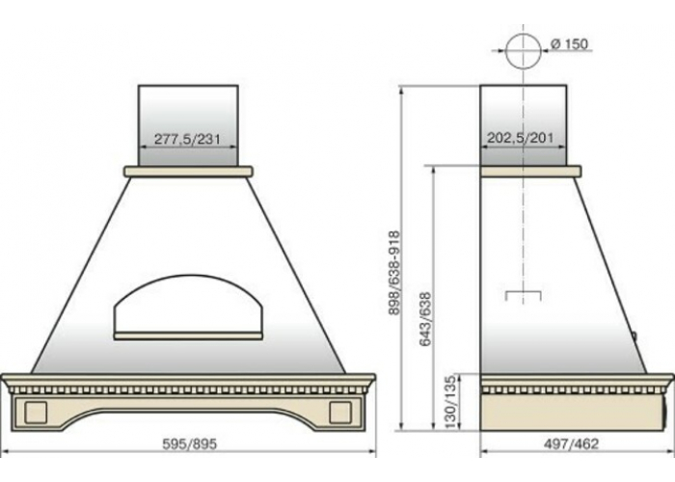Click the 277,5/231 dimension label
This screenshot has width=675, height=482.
click(187, 139)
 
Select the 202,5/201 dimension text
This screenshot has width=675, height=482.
click(521, 138)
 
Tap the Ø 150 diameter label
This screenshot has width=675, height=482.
click(569, 43)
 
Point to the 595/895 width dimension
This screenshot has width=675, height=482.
click(189, 444)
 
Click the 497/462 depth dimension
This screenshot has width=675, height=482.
click(571, 443)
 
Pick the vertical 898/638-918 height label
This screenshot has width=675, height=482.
click(394, 274)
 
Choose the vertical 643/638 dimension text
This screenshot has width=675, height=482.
click(425, 319)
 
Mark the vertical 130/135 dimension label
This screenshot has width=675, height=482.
click(450, 402)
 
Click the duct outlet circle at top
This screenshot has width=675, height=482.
click(524, 51)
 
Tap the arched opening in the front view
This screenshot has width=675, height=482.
click(187, 278)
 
